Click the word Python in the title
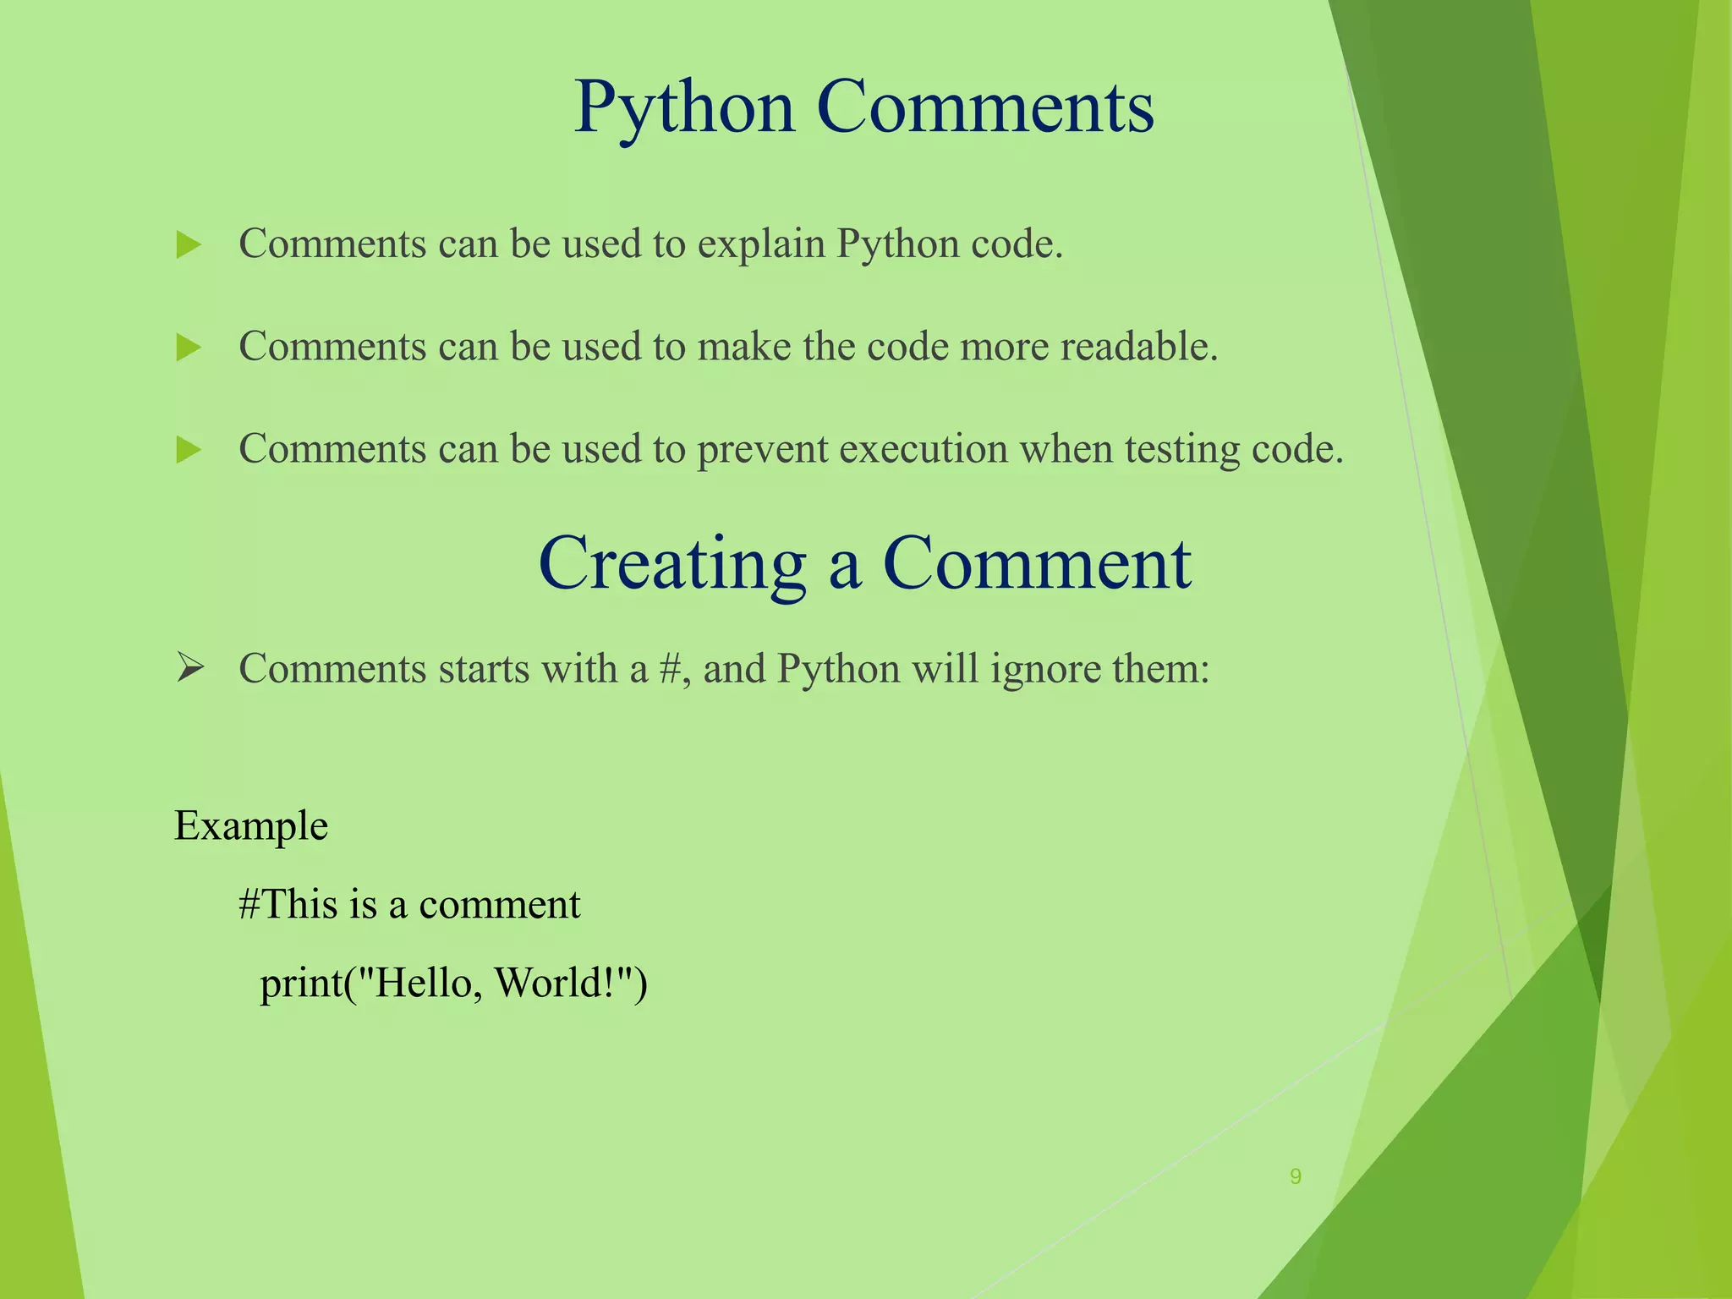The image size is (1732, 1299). (684, 108)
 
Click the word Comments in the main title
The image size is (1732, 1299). (985, 108)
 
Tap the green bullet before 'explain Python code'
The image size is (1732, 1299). (189, 246)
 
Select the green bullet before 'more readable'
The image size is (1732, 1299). (189, 348)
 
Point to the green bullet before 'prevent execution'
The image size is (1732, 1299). (189, 450)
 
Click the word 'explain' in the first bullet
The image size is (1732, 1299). (761, 245)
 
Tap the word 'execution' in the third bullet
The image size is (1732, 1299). (924, 449)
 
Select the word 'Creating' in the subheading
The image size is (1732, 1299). (672, 565)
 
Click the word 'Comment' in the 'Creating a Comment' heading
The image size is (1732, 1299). (1037, 563)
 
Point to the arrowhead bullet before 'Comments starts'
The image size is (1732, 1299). (190, 669)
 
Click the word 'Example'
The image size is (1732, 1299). (251, 826)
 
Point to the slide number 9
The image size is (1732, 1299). (1295, 1176)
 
